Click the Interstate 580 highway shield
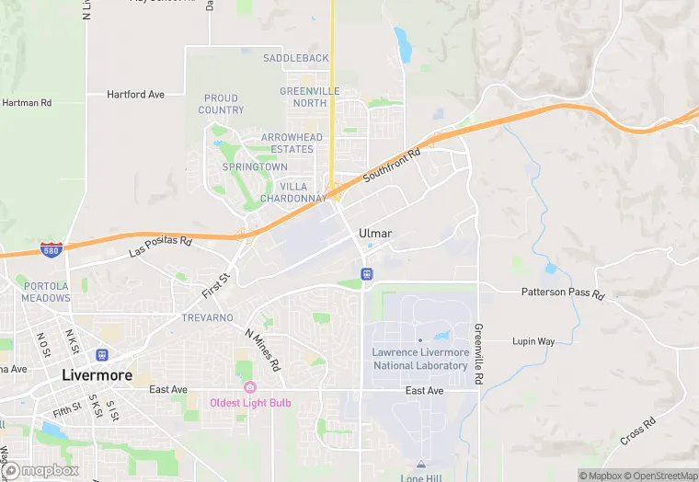(x=52, y=249)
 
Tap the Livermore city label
(x=97, y=375)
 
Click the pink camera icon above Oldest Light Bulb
(x=249, y=387)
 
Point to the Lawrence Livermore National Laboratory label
(x=420, y=359)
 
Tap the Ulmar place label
(x=375, y=234)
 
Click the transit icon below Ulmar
(x=366, y=273)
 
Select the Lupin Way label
(x=533, y=341)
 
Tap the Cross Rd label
(x=637, y=431)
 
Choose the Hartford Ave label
(x=135, y=94)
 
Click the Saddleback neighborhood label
(x=295, y=58)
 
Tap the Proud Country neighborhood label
(x=221, y=104)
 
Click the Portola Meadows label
(x=46, y=292)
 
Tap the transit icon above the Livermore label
(x=102, y=355)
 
